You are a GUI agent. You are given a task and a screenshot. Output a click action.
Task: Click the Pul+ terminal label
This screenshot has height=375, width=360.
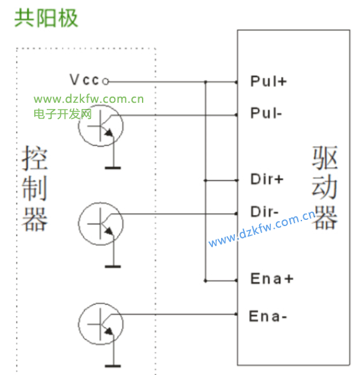click(268, 81)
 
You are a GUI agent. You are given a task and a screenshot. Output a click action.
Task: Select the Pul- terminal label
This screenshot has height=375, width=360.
click(266, 113)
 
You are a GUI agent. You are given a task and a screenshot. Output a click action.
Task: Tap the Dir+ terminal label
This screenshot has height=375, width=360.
click(267, 179)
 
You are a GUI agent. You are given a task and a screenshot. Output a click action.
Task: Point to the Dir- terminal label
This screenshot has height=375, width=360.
click(264, 212)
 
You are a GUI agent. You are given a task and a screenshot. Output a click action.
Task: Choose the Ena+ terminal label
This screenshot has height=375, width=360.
click(272, 278)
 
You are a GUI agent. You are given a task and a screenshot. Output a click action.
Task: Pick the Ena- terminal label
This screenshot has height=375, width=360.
click(268, 316)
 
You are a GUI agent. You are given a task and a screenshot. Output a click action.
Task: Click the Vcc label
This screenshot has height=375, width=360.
click(84, 80)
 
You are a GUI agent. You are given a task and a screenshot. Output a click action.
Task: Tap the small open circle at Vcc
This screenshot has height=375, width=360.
click(105, 82)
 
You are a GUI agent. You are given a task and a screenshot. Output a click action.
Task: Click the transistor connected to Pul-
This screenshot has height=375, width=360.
click(101, 126)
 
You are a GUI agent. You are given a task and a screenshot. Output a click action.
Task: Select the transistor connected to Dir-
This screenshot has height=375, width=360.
click(101, 224)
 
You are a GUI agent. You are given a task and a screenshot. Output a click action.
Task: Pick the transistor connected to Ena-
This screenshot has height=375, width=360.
click(101, 325)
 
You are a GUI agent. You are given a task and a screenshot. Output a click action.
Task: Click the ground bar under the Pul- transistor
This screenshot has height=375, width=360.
click(113, 168)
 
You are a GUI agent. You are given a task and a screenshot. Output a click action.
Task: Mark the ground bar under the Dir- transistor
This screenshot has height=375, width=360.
click(113, 267)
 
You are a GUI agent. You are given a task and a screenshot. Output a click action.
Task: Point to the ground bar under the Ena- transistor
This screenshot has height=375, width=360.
click(113, 366)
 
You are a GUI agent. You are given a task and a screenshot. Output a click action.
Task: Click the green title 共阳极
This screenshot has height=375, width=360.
click(46, 18)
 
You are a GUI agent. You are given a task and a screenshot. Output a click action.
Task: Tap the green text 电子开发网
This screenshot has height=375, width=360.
click(63, 114)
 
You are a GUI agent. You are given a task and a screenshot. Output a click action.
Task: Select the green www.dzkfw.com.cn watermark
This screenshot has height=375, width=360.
click(88, 99)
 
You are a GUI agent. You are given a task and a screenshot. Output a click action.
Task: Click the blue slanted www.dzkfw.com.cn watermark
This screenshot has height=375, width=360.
click(262, 228)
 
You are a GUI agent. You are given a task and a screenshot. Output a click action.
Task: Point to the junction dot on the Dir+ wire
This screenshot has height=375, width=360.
click(206, 180)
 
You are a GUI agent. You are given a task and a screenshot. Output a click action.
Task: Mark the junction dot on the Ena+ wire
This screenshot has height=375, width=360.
click(206, 281)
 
